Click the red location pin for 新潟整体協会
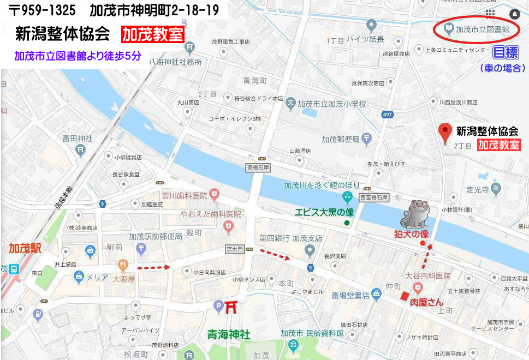446,133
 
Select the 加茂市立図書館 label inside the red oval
482,28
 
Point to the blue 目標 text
505,53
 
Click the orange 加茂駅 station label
25,248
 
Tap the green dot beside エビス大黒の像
347,223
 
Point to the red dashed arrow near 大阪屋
154,268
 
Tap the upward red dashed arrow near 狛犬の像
427,256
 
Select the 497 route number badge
387,115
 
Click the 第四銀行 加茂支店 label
290,238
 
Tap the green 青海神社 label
229,333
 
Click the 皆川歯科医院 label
185,194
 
